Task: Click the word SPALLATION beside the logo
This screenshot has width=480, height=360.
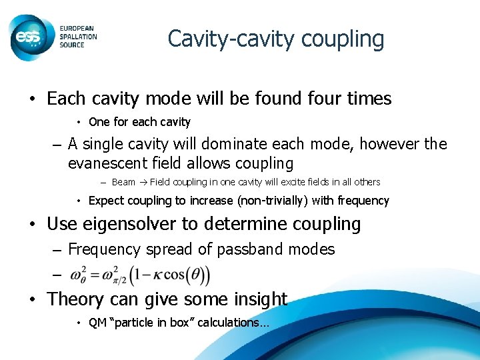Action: [78, 37]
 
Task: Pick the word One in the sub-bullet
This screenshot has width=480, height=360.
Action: [99, 122]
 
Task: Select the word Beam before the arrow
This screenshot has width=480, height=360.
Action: [123, 182]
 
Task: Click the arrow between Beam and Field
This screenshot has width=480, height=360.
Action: [142, 182]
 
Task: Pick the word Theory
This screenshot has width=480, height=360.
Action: [76, 299]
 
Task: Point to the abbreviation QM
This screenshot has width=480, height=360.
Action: [97, 323]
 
